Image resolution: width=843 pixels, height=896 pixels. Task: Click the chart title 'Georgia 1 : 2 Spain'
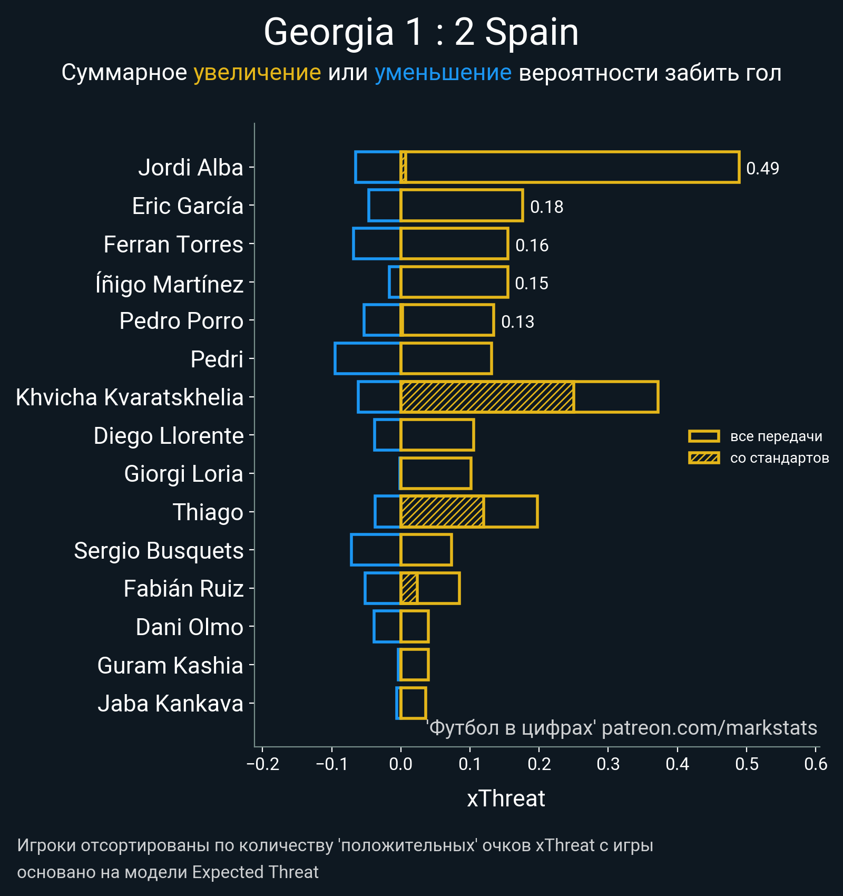pyautogui.click(x=421, y=33)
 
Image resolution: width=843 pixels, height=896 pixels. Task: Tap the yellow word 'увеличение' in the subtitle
pyautogui.click(x=257, y=73)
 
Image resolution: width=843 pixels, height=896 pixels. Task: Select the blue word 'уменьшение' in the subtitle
pyautogui.click(x=443, y=73)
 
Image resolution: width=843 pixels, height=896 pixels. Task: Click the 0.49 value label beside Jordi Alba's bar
pyautogui.click(x=762, y=168)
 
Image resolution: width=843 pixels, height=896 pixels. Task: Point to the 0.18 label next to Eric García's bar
pyautogui.click(x=546, y=207)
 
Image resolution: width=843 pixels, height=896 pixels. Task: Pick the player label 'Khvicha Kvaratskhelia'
pyautogui.click(x=130, y=397)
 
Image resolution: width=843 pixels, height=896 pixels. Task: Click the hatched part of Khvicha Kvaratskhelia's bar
pyautogui.click(x=487, y=397)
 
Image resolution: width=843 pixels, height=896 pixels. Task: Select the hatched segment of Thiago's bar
pyautogui.click(x=442, y=512)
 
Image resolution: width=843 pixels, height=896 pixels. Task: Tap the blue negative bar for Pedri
pyautogui.click(x=367, y=359)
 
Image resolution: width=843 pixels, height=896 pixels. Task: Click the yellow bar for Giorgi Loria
pyautogui.click(x=436, y=473)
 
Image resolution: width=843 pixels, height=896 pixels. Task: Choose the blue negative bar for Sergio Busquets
pyautogui.click(x=375, y=550)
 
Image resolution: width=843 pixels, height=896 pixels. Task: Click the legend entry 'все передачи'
pyautogui.click(x=776, y=436)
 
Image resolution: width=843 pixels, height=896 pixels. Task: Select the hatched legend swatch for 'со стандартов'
pyautogui.click(x=704, y=458)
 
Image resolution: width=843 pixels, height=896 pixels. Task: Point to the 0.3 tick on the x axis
pyautogui.click(x=608, y=764)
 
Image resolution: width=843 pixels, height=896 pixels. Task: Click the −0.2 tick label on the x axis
pyautogui.click(x=263, y=764)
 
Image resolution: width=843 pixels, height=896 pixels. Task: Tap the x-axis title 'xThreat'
pyautogui.click(x=506, y=798)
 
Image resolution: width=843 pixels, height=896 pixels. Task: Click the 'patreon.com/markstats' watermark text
pyautogui.click(x=709, y=728)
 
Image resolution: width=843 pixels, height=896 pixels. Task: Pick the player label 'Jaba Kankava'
pyautogui.click(x=170, y=704)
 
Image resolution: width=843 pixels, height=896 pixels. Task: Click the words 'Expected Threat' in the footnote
pyautogui.click(x=255, y=872)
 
